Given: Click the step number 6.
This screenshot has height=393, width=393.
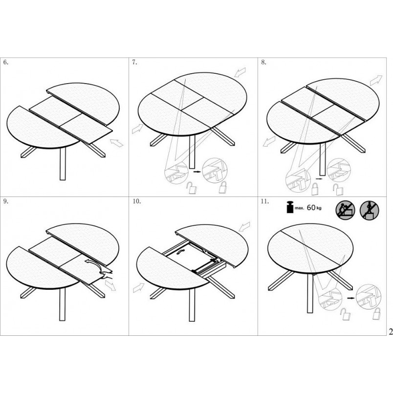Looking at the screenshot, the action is pos(5,63).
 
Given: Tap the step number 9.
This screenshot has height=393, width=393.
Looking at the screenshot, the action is pos(5,201).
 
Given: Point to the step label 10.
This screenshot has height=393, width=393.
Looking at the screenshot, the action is pos(137,201).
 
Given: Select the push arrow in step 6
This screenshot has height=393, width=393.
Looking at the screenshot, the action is pos(116,143).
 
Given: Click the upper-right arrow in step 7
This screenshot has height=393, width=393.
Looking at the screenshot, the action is pos(240,72).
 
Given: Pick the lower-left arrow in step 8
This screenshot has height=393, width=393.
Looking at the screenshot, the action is pos(269,142).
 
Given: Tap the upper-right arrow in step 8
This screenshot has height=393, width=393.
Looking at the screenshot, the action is pos(376,80).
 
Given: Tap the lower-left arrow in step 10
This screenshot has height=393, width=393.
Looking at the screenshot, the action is pos(139,288).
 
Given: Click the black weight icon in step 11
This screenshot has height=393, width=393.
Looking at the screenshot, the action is pos(290,207).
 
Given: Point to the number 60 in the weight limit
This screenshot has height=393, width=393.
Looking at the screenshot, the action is pos(311,208).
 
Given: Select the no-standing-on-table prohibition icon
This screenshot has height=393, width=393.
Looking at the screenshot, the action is pos(370,210).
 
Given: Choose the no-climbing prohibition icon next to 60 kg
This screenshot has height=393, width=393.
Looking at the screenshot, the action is pos(346,210).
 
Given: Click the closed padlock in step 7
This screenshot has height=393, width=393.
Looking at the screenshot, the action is pos(222,187).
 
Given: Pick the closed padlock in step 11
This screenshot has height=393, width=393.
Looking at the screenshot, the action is pos(376,314).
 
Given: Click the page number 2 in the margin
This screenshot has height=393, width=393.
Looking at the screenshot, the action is pos(391,331).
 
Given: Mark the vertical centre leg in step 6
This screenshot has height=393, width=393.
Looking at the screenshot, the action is pos(63,164).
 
